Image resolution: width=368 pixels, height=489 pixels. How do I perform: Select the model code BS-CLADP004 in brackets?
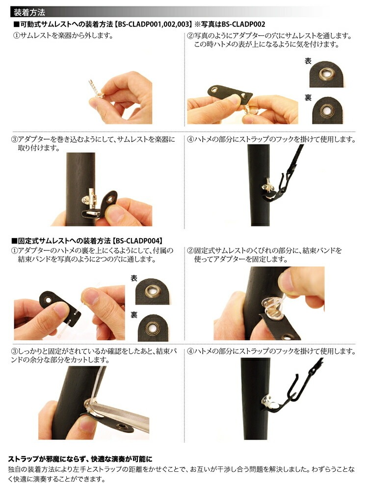tap(138, 241)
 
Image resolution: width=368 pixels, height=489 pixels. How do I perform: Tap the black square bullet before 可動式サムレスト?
tap(16, 24)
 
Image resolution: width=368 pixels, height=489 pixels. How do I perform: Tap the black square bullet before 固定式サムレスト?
tap(14, 241)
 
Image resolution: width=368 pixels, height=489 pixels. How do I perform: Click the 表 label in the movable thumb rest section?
tap(308, 61)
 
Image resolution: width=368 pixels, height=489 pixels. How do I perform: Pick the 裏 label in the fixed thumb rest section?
tap(134, 315)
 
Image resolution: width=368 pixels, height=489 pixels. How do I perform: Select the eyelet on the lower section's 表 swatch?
tap(153, 291)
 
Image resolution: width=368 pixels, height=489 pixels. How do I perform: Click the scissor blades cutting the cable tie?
tap(120, 415)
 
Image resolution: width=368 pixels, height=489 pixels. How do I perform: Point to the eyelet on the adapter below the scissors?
tap(121, 426)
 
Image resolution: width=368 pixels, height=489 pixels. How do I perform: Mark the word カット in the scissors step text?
tap(85, 360)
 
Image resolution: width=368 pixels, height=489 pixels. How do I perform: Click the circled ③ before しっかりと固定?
tap(15, 351)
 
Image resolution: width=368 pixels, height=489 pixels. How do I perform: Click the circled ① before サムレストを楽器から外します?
tap(16, 36)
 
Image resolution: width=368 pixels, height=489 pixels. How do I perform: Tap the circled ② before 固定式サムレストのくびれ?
tap(190, 250)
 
